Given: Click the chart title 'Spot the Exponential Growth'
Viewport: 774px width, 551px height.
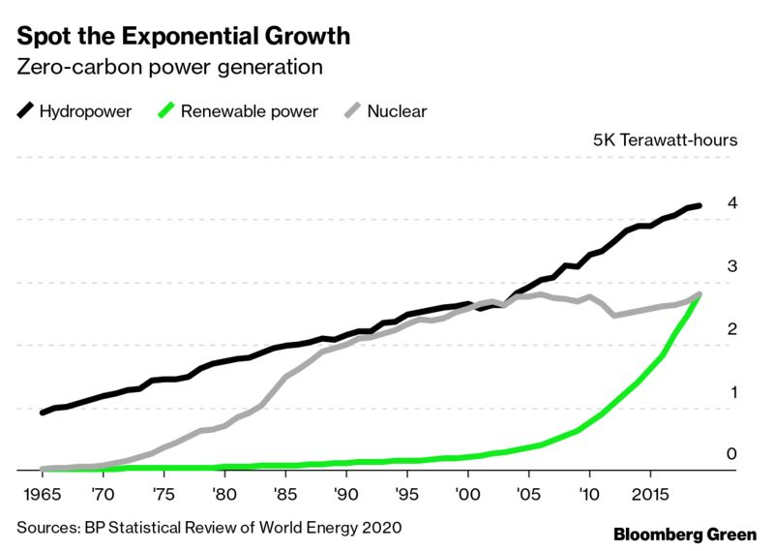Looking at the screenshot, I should [182, 37].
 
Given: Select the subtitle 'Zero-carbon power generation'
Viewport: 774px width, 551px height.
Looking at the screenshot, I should [168, 68].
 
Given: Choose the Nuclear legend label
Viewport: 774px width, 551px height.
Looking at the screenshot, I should [397, 111].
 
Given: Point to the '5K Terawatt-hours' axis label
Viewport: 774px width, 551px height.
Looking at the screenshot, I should [665, 139].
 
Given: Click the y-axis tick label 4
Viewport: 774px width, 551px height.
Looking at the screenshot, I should [732, 203].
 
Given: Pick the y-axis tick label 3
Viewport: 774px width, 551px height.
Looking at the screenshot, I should [732, 266].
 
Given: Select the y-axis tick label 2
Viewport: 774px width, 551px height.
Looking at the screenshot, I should [732, 329].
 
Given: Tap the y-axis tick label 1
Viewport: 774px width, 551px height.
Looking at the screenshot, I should [732, 392].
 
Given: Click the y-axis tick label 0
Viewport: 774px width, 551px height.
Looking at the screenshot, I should [732, 454].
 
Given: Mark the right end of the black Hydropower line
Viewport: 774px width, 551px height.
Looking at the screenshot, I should [699, 205].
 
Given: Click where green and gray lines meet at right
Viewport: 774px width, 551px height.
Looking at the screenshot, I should [698, 294].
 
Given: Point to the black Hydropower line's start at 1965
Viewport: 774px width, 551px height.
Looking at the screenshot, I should [43, 413].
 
